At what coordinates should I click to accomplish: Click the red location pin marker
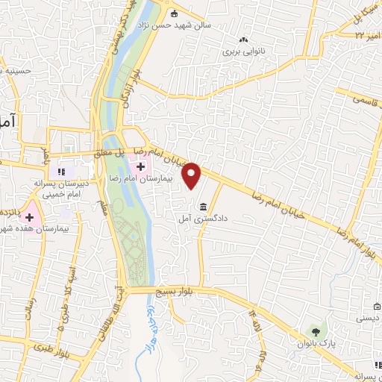point(192,175)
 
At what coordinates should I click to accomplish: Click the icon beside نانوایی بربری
point(243,40)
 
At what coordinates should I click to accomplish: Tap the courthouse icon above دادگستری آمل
point(202,207)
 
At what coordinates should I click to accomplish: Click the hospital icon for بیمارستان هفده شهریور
point(30,217)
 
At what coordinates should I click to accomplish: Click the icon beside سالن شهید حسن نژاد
point(175,13)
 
